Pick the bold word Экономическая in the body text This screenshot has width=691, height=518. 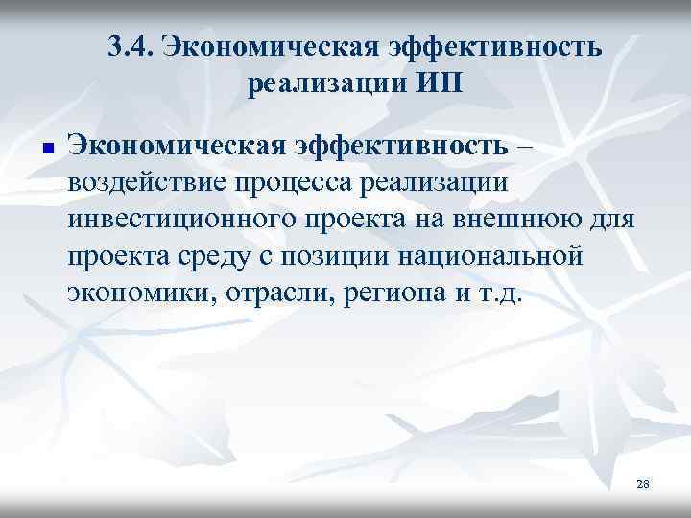[169, 146]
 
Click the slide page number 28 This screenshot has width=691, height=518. [642, 484]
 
